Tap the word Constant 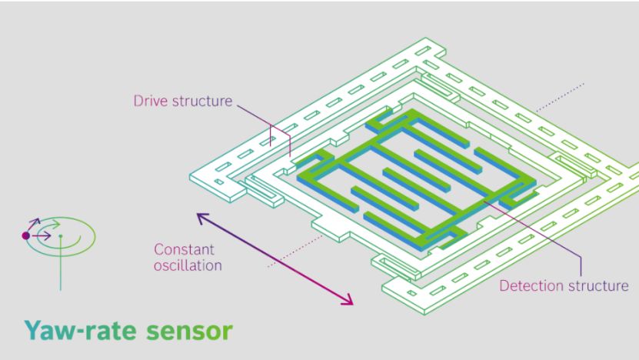tap(185, 249)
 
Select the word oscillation tap(188, 265)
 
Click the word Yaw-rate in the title tap(80, 330)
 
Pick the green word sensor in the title tap(189, 332)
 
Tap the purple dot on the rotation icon tap(25, 235)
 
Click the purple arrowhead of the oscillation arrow tap(202, 217)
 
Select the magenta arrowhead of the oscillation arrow tap(348, 300)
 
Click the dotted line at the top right tap(560, 97)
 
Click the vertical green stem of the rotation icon tap(61, 264)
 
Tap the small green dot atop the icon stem tap(61, 236)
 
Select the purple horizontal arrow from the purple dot tap(42, 235)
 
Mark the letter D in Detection tap(504, 286)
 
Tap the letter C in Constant tap(159, 249)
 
